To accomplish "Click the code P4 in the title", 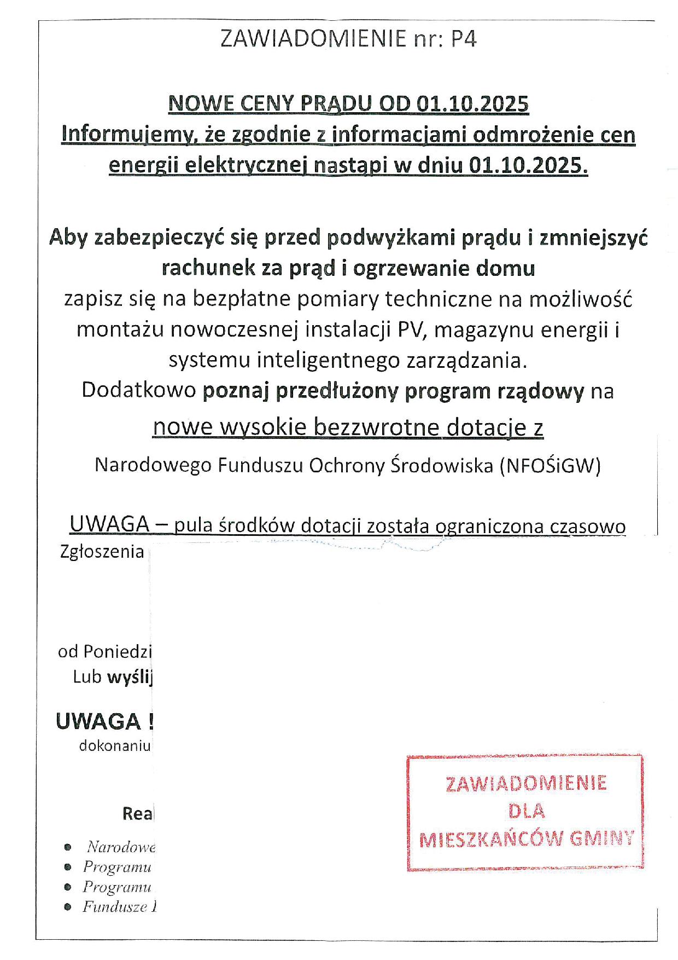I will pos(464,39).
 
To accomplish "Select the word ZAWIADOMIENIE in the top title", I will pos(313,39).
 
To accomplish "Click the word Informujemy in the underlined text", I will pos(124,135).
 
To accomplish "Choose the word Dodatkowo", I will pos(139,391).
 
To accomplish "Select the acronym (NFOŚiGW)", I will pos(550,465).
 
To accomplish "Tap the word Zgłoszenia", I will pos(102,552).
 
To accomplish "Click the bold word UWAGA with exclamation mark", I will pos(104,722).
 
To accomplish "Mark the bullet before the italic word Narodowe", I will pos(68,847).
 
